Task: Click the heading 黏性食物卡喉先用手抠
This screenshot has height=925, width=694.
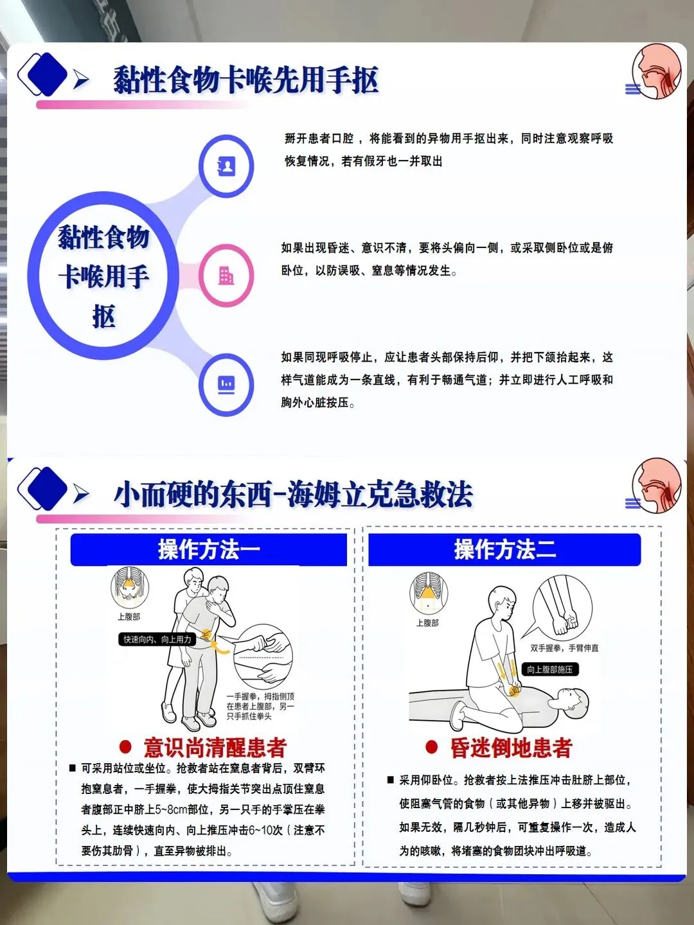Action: click(x=245, y=80)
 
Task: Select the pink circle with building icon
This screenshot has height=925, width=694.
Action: click(x=226, y=276)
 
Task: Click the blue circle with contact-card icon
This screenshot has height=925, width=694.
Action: click(x=226, y=166)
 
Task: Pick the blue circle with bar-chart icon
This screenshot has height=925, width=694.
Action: click(x=226, y=385)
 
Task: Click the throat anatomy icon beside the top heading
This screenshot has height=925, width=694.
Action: click(x=657, y=71)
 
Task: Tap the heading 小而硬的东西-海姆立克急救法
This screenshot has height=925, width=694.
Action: click(x=293, y=495)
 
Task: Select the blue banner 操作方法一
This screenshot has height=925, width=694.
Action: click(x=209, y=549)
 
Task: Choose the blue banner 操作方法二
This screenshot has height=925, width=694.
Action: click(x=505, y=549)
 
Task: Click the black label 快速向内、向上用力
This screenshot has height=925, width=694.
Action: click(x=157, y=639)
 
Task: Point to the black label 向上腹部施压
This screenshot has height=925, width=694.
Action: click(x=550, y=669)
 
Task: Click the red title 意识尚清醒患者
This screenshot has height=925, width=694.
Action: click(x=215, y=748)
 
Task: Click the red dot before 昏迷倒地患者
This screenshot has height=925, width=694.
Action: click(x=431, y=747)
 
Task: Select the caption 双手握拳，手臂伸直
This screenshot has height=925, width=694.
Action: click(x=564, y=648)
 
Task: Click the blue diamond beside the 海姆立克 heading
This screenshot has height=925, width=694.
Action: click(x=47, y=488)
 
